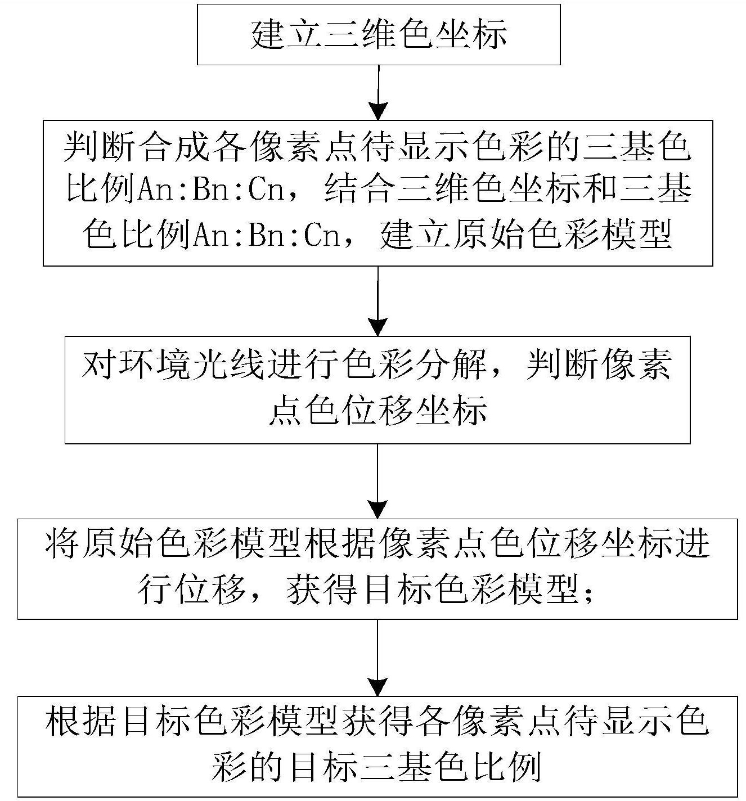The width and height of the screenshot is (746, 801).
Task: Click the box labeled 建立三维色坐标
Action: pos(378,34)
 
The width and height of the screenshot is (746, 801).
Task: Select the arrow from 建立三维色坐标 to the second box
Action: pos(378,92)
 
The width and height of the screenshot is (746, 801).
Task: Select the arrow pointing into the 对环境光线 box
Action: pos(378,301)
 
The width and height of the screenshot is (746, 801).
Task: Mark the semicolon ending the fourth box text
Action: pos(588,592)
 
